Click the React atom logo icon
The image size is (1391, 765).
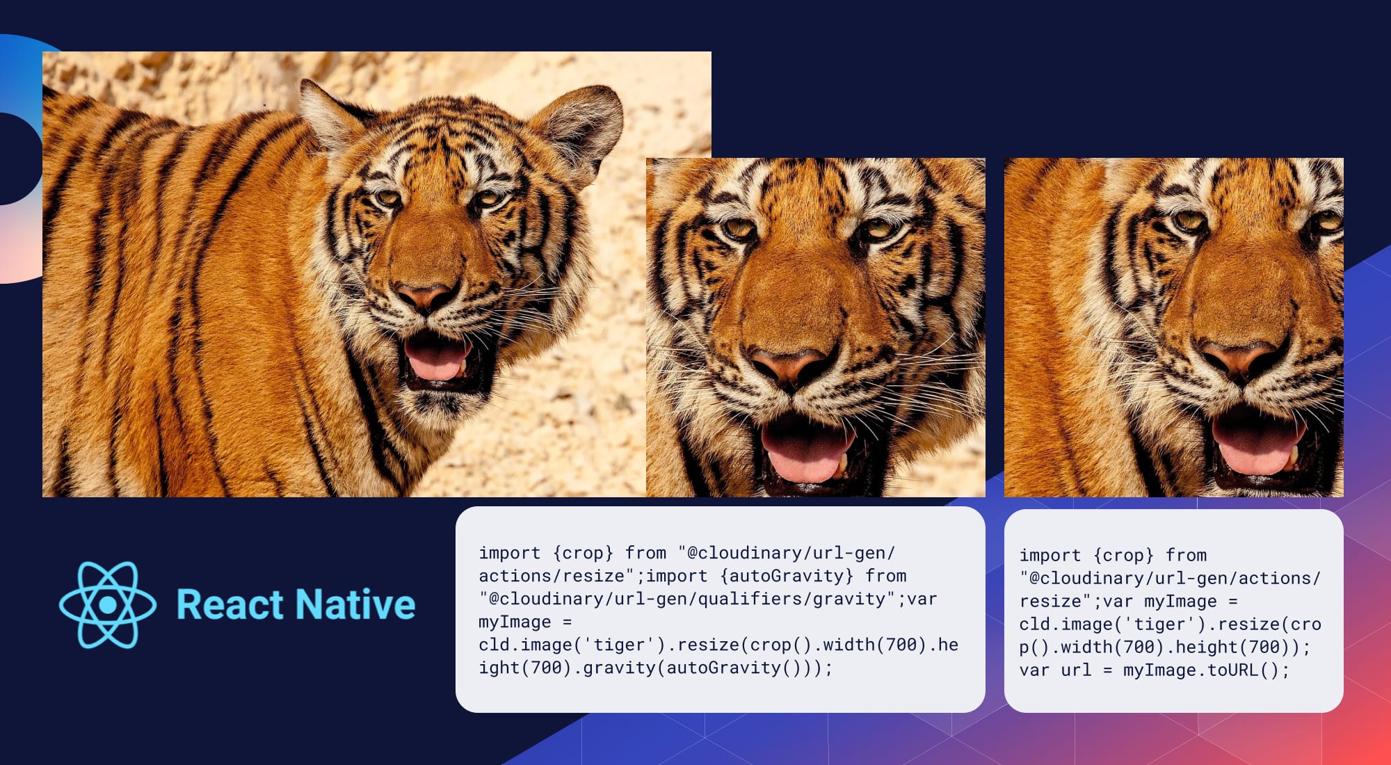click(x=108, y=604)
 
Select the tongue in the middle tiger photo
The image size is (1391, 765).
click(x=807, y=452)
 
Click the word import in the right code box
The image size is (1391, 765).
click(x=1050, y=555)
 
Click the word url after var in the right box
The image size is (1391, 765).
click(x=1076, y=670)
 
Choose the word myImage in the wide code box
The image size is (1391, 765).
click(x=515, y=622)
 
